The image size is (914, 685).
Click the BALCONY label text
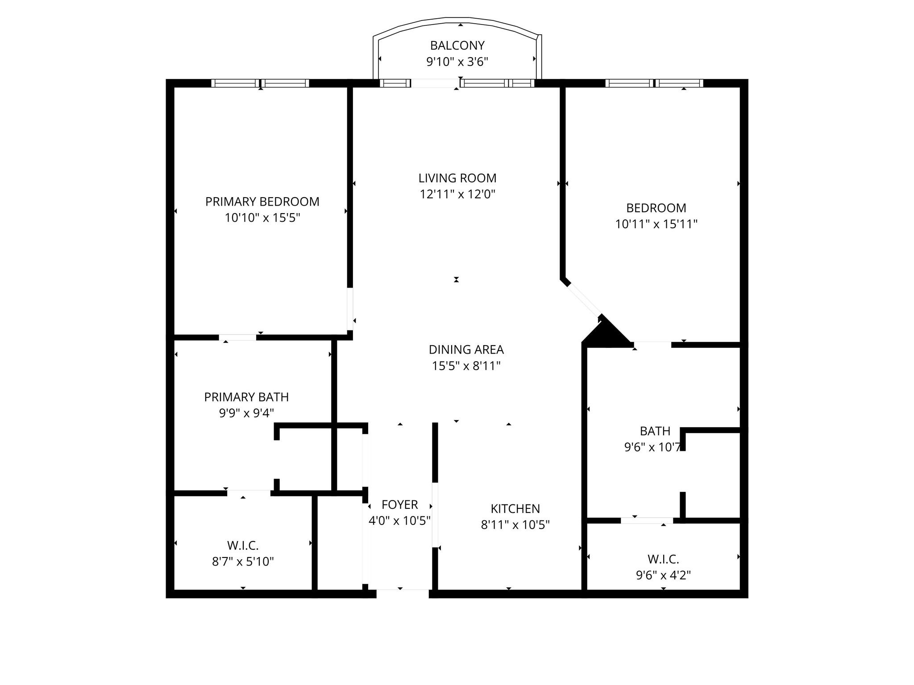point(457,45)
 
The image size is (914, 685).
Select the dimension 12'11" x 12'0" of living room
point(457,194)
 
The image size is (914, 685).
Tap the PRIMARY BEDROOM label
point(262,202)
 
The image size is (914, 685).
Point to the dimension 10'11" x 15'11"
point(656,224)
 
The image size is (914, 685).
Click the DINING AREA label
point(466,349)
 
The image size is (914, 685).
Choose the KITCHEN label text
point(515,508)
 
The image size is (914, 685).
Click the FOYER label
point(399,504)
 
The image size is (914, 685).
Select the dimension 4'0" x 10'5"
point(399,520)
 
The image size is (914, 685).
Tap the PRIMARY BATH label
point(246,397)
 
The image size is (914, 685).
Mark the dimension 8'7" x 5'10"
point(243,561)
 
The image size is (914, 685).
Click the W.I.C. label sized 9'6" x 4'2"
point(663,559)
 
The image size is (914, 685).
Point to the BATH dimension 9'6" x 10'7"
point(652,447)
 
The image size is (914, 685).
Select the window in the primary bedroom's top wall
point(260,83)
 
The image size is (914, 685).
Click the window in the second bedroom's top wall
point(654,83)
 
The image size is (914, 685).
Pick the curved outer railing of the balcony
point(457,20)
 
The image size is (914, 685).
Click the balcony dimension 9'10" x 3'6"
point(457,62)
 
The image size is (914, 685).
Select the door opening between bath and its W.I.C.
point(647,520)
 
